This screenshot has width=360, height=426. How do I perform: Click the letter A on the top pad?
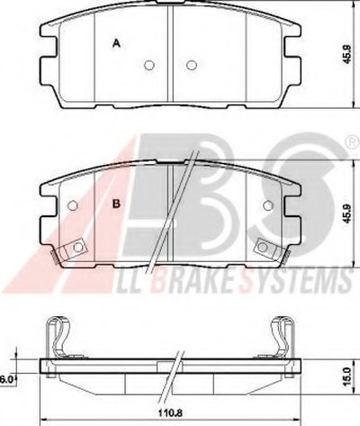tap(116, 43)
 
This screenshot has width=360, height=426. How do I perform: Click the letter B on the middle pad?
tap(116, 204)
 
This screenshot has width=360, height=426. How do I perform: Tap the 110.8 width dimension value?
tap(170, 413)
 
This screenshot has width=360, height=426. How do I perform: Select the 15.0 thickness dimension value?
tap(346, 376)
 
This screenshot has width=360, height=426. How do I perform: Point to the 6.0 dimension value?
tap(6, 379)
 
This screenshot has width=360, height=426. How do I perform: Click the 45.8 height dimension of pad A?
tap(347, 54)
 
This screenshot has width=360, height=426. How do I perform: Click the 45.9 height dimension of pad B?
tap(347, 213)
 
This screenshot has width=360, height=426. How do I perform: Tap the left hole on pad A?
tap(149, 65)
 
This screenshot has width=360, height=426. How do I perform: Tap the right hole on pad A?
tap(192, 65)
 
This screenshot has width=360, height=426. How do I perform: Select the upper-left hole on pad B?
tap(73, 205)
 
